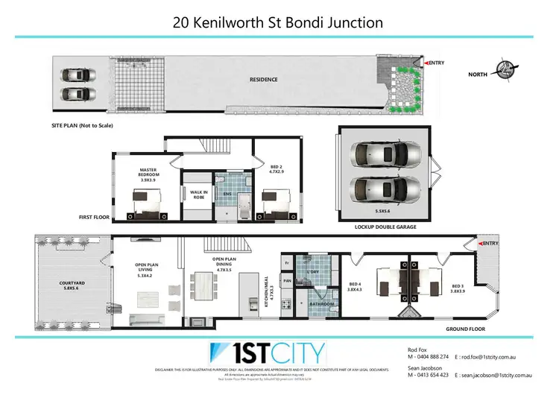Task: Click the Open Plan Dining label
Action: (224, 262)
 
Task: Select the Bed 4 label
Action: (356, 287)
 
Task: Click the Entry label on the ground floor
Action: (490, 244)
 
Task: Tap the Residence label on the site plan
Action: (263, 80)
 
